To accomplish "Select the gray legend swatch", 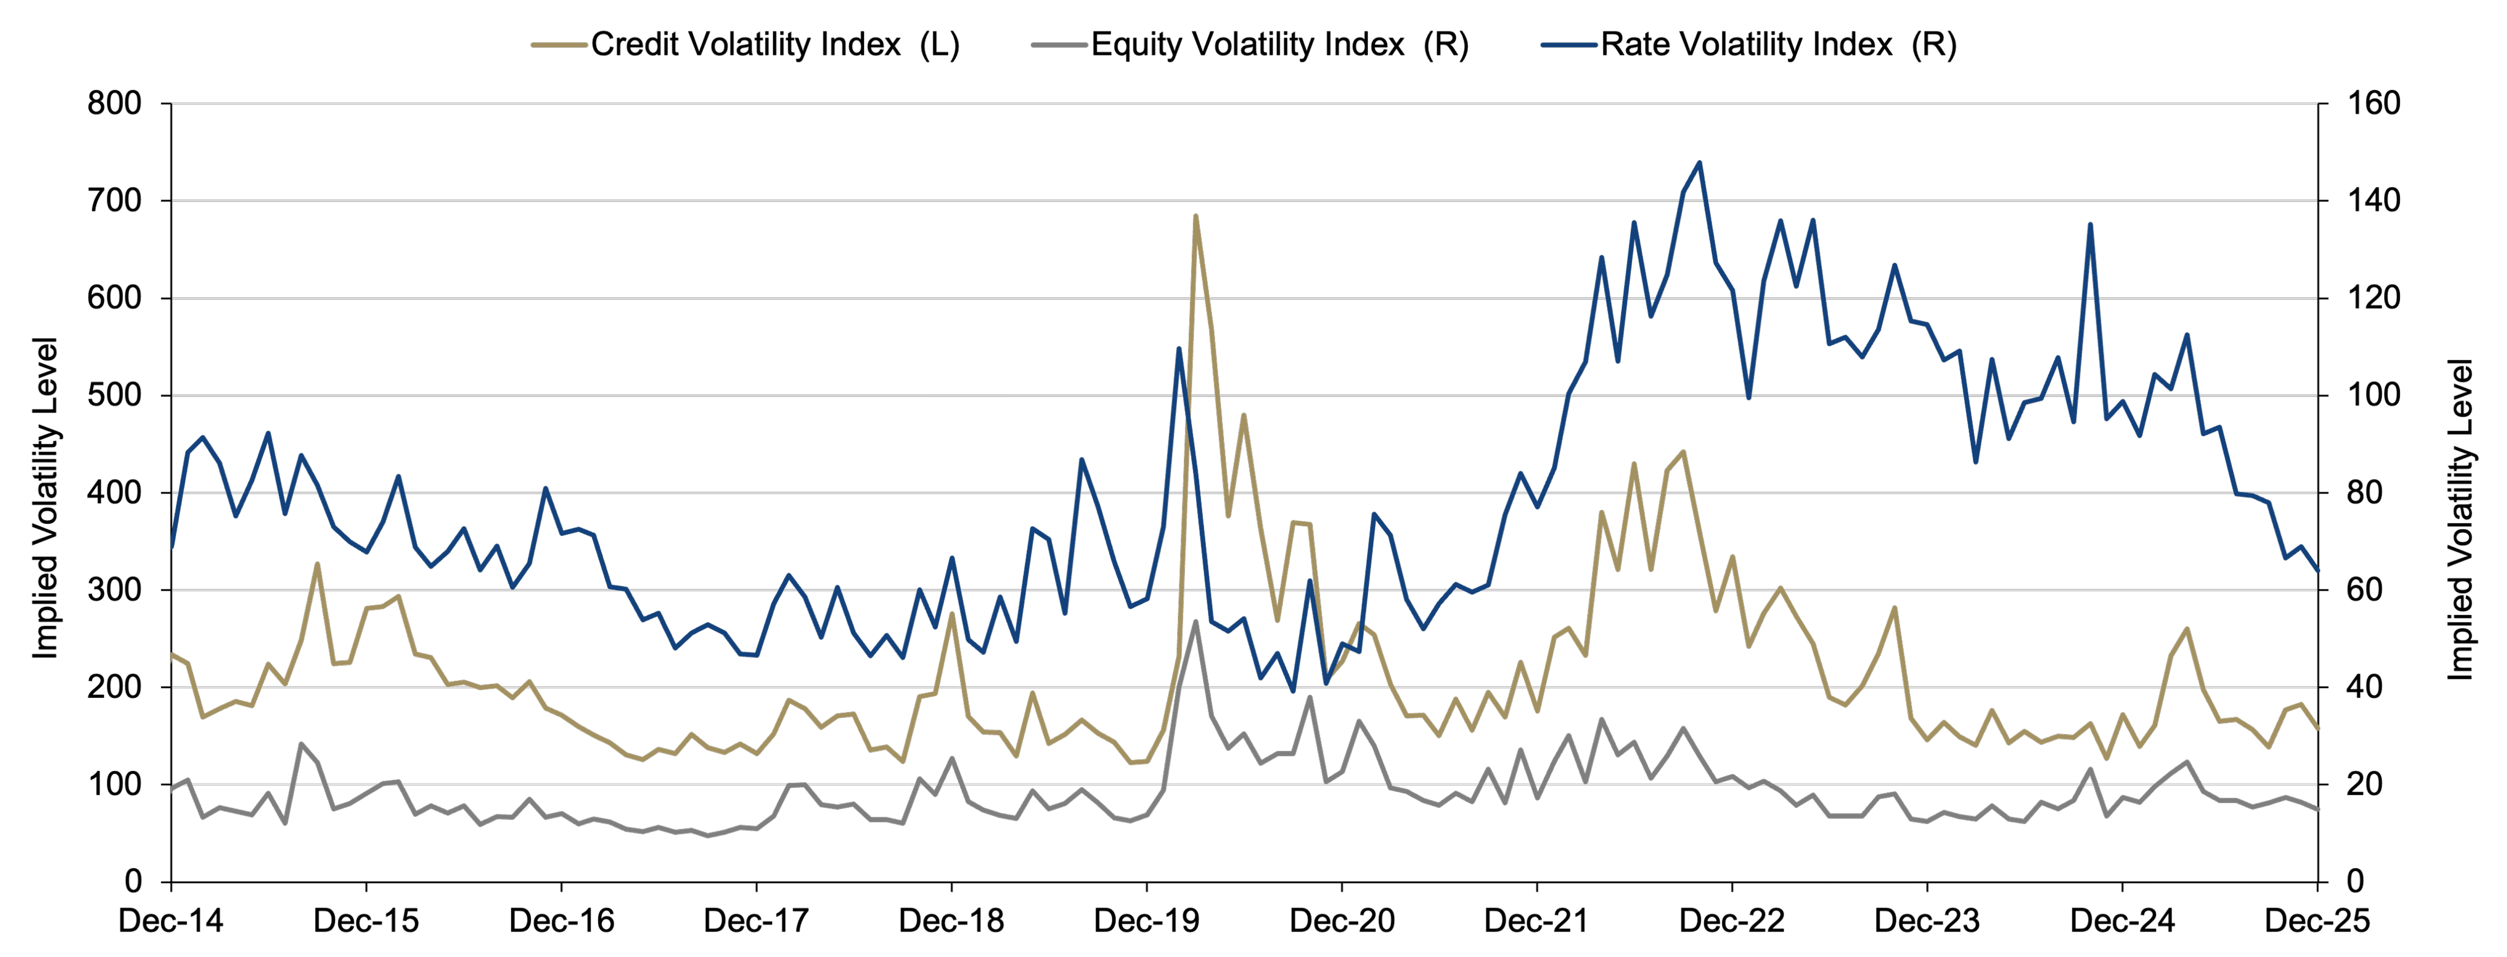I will point(1059,45).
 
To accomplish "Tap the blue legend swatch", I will point(1569,45).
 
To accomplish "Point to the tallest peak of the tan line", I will point(1195,217).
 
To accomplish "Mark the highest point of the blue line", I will point(1699,163).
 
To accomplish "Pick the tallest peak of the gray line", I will point(1195,622).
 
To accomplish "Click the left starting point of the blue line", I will point(172,547).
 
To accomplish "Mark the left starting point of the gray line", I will point(172,789).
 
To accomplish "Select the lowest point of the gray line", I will point(707,835).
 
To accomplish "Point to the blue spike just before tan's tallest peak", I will point(1178,348).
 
